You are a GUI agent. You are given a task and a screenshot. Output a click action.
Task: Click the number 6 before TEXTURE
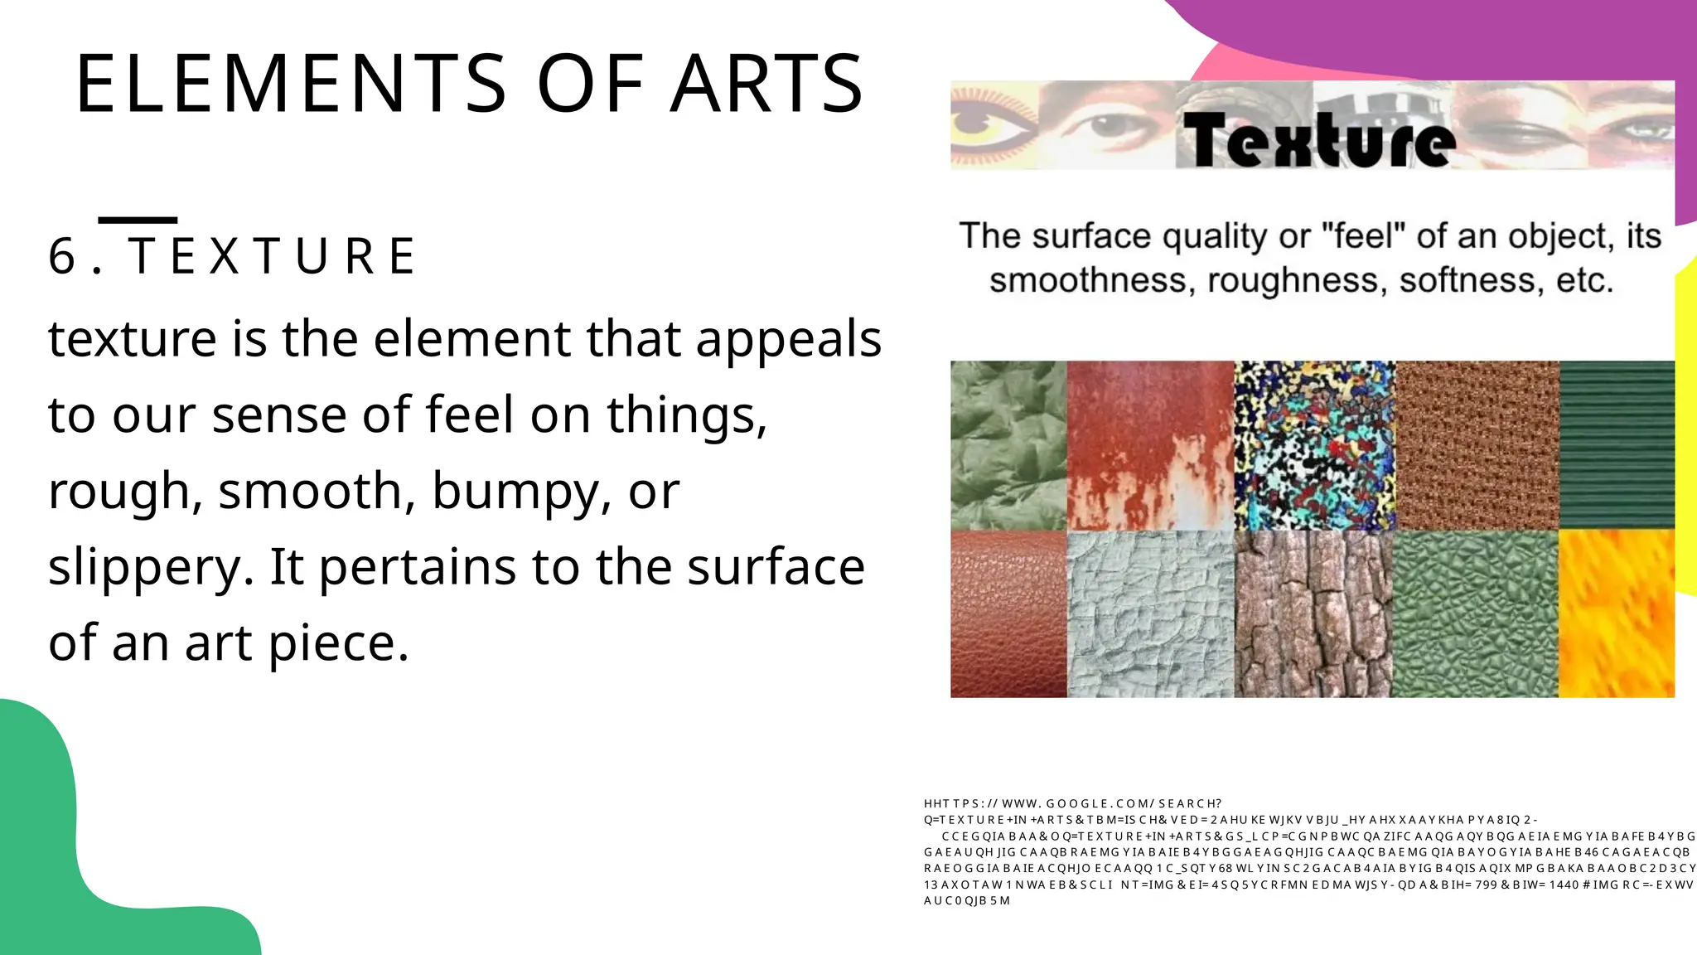62,256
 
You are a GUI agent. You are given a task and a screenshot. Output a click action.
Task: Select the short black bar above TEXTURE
138,220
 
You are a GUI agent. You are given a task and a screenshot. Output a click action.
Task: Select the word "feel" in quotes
1364,236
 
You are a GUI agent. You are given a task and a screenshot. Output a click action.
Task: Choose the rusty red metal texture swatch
1150,445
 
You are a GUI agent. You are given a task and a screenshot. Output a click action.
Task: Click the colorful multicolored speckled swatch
1314,445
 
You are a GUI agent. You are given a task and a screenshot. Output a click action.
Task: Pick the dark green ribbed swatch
1616,445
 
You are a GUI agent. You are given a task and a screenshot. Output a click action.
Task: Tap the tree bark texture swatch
1314,613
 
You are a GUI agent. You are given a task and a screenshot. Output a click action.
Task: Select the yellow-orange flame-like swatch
1616,613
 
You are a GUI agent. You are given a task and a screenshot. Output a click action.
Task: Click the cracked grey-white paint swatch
1150,613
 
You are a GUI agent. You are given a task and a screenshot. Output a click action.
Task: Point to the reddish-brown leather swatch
1008,613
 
